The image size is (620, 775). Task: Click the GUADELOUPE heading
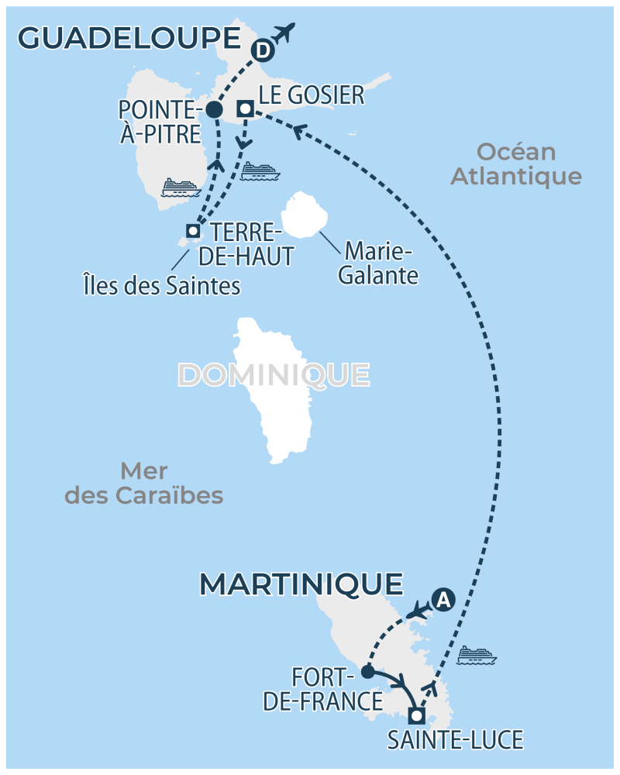pos(129,38)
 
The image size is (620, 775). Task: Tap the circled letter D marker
pos(263,51)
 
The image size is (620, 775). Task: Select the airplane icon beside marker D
pos(284,33)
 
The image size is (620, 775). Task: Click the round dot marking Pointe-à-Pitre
pos(215,111)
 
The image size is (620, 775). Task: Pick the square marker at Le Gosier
pos(245,109)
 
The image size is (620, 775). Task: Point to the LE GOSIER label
pos(311,95)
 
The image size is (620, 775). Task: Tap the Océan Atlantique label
pos(516,164)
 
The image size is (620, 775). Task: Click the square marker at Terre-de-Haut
pos(193,230)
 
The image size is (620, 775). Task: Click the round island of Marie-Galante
pos(303,215)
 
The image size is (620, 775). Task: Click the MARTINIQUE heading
pos(301,584)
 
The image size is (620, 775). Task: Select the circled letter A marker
pos(442,599)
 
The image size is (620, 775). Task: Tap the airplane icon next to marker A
pos(418,609)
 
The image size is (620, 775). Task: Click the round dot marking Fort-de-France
pos(367,671)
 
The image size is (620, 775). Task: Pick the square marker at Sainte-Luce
pos(417,715)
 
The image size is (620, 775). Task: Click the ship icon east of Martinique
pos(476,656)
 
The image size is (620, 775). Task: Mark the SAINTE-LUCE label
pos(455,739)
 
